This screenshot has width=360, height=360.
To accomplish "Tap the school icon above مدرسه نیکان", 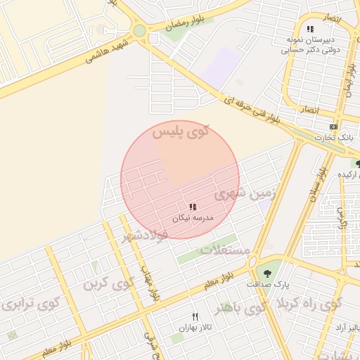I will point(192,207).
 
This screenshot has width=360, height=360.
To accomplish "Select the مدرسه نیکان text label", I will point(192,219).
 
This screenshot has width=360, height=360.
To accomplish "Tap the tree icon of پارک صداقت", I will point(267,272).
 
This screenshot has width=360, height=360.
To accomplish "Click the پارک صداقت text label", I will point(268,284).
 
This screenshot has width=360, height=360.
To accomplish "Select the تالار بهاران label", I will point(195,328).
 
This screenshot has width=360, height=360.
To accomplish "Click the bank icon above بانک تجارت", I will point(333,126).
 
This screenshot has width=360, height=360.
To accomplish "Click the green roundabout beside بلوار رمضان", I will point(139,31).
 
